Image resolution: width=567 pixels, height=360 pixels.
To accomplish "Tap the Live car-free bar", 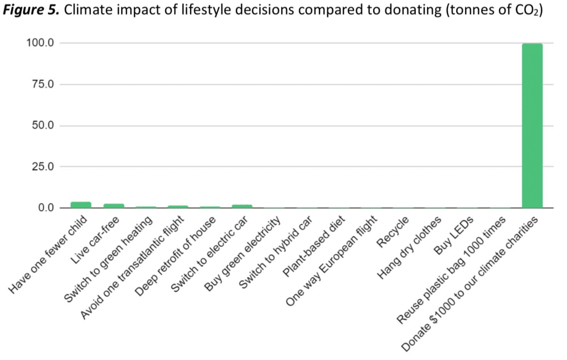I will (114, 206).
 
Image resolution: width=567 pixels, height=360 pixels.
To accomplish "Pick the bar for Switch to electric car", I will (242, 207).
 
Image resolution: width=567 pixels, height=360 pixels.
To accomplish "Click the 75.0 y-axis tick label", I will (42, 84).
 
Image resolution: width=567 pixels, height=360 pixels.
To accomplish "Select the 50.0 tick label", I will (42, 126).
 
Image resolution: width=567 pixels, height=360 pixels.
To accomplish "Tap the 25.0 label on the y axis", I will (42, 167).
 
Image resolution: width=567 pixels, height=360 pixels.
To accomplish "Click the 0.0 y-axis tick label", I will (45, 208).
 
